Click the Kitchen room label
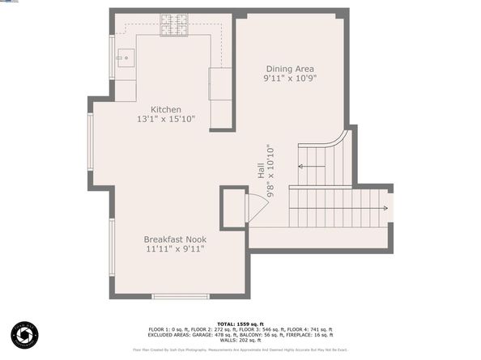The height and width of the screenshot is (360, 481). click(x=166, y=109)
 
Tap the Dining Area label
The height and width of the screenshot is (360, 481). click(x=290, y=69)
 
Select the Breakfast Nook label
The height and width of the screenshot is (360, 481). click(x=175, y=239)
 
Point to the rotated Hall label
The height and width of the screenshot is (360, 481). click(x=261, y=172)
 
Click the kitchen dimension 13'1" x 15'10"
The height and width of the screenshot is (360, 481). click(x=166, y=120)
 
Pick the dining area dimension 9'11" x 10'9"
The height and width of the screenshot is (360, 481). click(x=290, y=79)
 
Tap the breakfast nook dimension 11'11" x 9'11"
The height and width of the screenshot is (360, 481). click(x=175, y=250)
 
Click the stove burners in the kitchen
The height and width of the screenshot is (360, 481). click(x=172, y=26)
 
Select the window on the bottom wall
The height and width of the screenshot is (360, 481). click(x=175, y=297)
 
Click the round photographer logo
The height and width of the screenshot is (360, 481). click(x=25, y=335)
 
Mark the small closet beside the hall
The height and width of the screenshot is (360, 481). click(x=234, y=208)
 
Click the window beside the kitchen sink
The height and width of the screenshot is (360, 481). click(x=112, y=56)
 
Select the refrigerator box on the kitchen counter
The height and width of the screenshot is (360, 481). click(x=219, y=83)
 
